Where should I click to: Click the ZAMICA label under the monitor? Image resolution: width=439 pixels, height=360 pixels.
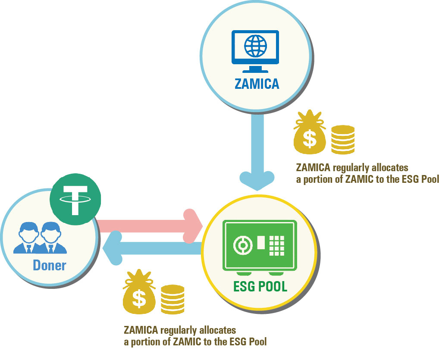tap(257, 83)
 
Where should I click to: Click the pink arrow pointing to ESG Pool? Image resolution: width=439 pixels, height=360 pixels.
tap(151, 225)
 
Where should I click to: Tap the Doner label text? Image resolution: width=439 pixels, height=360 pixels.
tap(50, 265)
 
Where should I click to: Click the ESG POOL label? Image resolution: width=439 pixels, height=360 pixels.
tap(260, 286)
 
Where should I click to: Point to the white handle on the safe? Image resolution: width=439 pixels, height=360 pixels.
tap(261, 242)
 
